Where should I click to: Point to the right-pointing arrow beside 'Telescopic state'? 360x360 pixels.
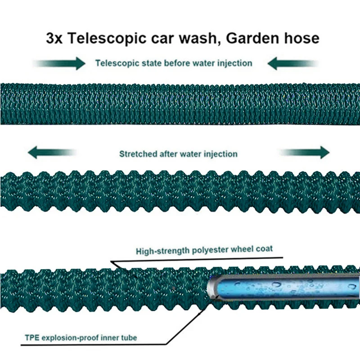(x=61, y=63)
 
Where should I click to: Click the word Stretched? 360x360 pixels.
(x=138, y=154)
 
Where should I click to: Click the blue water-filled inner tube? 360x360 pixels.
(x=283, y=287)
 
